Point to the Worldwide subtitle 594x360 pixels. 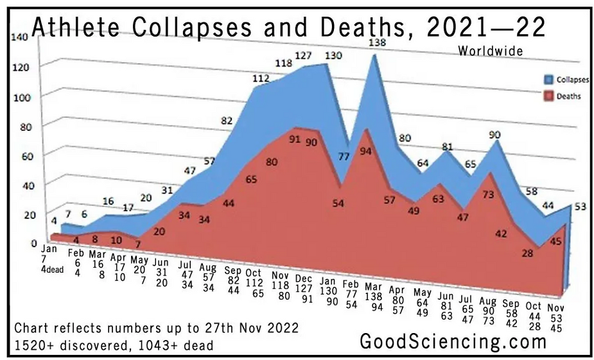pos(491,50)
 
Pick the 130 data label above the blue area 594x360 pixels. pos(334,56)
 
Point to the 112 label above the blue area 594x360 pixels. pos(261,78)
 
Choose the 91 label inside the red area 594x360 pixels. pos(295,139)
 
